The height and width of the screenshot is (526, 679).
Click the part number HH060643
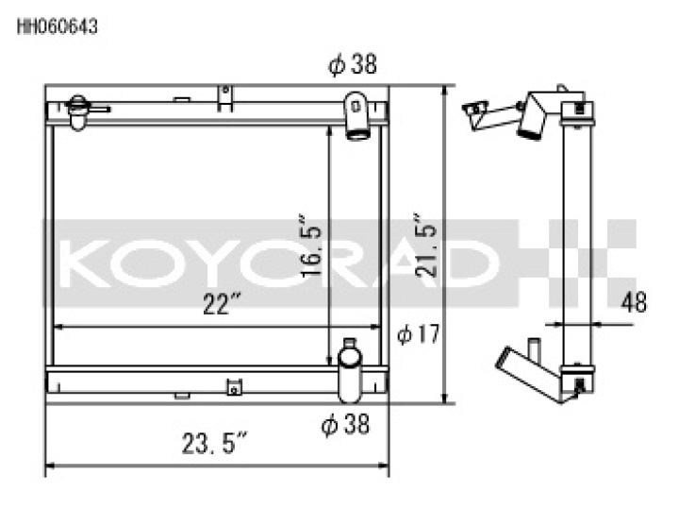[58, 26]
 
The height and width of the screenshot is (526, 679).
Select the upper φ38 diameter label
[352, 65]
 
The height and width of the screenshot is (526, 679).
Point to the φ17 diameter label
[415, 334]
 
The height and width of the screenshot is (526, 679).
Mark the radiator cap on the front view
[78, 110]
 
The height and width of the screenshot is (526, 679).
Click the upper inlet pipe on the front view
[356, 116]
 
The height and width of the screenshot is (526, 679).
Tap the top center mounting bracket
[224, 96]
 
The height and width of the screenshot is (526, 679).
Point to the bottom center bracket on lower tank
[232, 385]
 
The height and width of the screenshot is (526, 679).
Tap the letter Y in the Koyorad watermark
[209, 265]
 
